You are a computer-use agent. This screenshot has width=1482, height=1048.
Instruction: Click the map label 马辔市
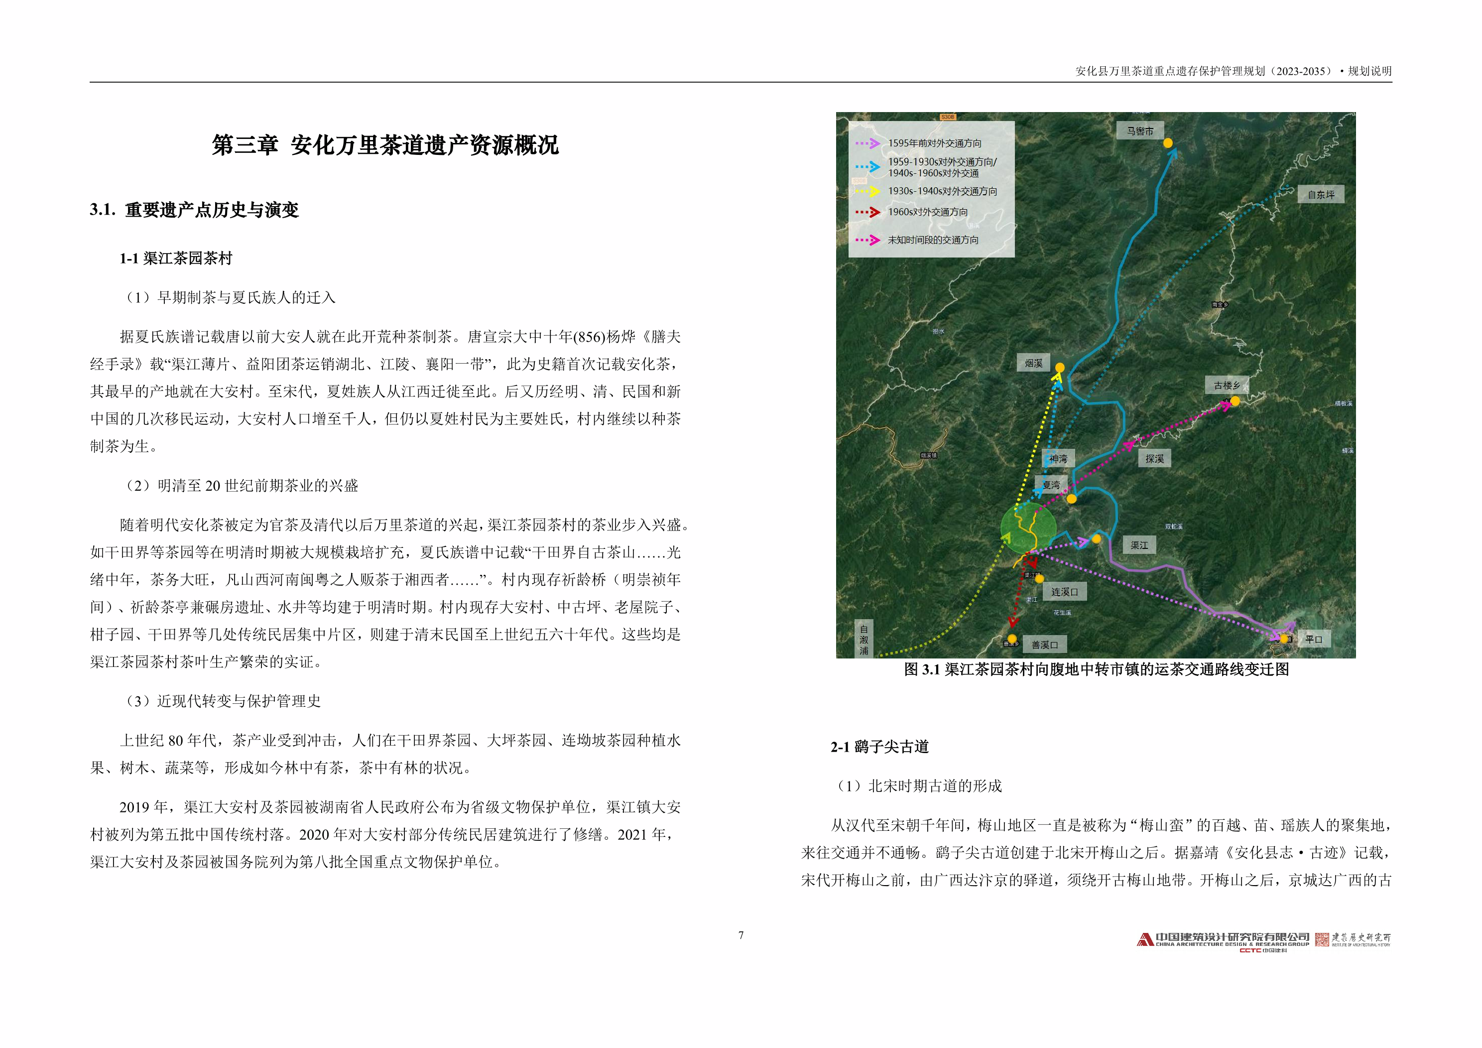point(1140,131)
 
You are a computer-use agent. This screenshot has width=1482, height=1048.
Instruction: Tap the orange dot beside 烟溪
point(1060,368)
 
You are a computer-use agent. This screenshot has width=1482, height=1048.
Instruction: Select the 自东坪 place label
point(1321,194)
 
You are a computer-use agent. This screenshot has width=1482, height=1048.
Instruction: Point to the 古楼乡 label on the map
point(1227,386)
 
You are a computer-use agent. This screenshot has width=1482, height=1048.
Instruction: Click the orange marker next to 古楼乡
point(1235,401)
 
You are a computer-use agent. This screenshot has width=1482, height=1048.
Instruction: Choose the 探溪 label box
point(1155,458)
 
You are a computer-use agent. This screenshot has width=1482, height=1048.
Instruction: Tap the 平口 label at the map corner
point(1314,639)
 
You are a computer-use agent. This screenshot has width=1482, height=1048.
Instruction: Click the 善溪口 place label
point(1044,645)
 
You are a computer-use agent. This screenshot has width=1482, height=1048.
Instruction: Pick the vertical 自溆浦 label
point(864,639)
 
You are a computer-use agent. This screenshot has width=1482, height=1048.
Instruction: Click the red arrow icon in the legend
point(868,212)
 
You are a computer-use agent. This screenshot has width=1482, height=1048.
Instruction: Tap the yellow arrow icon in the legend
point(868,191)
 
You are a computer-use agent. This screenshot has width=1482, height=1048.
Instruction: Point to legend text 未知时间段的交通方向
point(933,240)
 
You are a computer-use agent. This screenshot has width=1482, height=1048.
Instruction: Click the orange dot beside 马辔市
point(1168,142)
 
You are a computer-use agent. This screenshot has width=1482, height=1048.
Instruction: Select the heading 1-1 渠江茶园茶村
point(176,259)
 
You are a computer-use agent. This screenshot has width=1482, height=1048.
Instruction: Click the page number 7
point(741,935)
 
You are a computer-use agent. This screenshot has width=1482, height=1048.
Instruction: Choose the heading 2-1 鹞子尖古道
point(879,747)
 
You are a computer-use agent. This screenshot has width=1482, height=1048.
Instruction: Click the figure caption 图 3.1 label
point(922,669)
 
